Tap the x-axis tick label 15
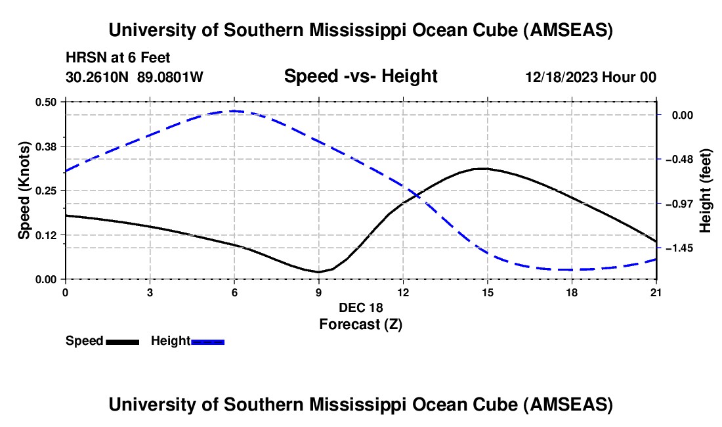point(487,292)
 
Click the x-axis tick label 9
point(318,292)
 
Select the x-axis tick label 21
point(656,292)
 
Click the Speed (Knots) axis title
point(24,191)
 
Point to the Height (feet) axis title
point(706,191)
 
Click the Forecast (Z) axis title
point(360,324)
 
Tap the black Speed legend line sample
point(121,342)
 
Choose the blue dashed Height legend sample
point(207,342)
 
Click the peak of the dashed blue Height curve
point(234,111)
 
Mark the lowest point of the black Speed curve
point(318,272)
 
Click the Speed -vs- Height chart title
point(360,76)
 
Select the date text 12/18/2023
point(562,78)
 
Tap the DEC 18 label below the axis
point(360,307)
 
